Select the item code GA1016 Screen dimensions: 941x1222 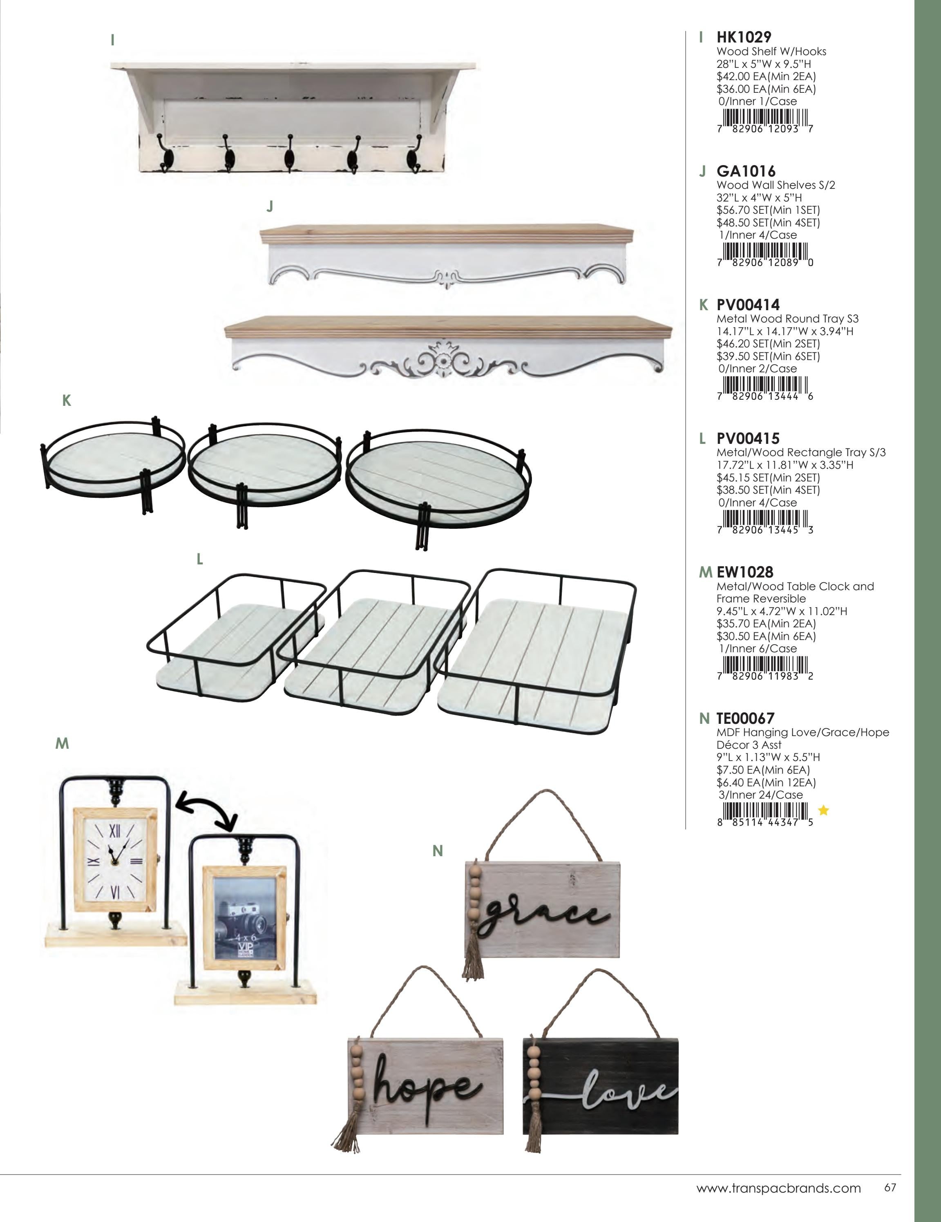[746, 171]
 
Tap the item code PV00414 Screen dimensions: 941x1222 [748, 304]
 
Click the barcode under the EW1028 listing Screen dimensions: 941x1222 [765, 667]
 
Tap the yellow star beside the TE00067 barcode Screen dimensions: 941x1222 [823, 810]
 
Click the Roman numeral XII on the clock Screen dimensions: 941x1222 [115, 831]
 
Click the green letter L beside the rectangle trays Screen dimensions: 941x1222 [200, 559]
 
